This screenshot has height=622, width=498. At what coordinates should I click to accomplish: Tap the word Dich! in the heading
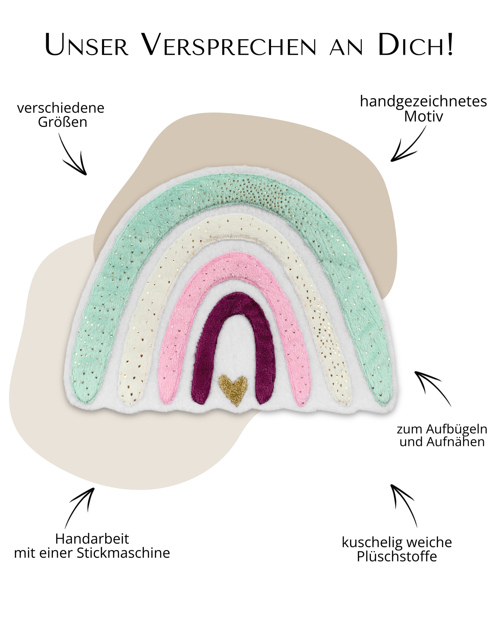click(x=415, y=45)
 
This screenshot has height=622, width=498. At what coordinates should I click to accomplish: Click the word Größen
click(x=62, y=122)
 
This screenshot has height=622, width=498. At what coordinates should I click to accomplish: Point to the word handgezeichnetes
click(x=423, y=102)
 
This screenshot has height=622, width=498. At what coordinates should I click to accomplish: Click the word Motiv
click(x=423, y=117)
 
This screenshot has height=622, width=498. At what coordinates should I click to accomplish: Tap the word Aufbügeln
click(x=456, y=429)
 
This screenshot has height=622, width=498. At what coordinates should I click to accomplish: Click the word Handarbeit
click(x=92, y=539)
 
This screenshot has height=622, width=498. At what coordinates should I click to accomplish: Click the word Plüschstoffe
click(x=397, y=556)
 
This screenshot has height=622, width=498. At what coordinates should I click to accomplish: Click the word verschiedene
click(x=61, y=108)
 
